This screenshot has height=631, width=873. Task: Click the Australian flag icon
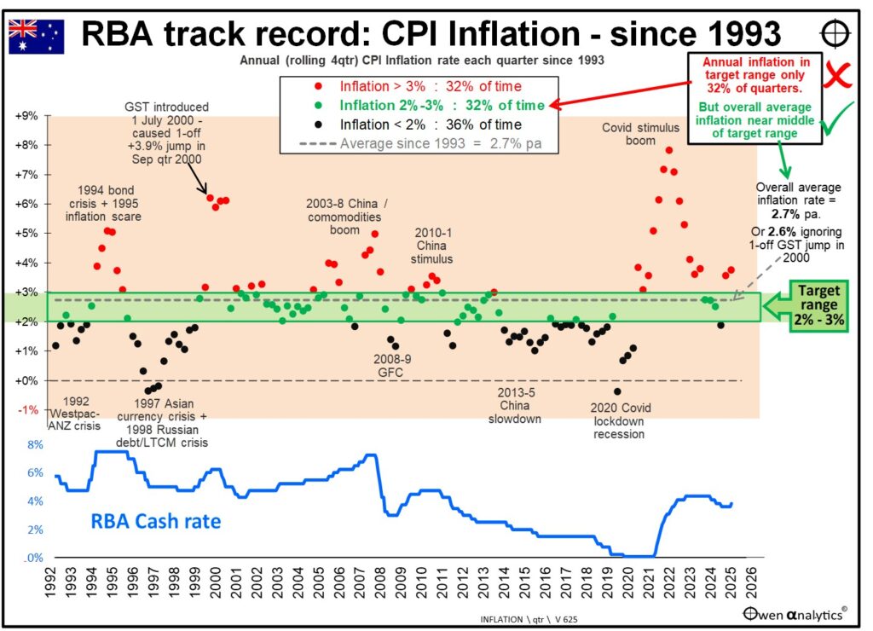36,35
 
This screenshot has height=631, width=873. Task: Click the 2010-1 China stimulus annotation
434,245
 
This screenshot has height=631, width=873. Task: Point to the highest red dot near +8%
669,151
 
